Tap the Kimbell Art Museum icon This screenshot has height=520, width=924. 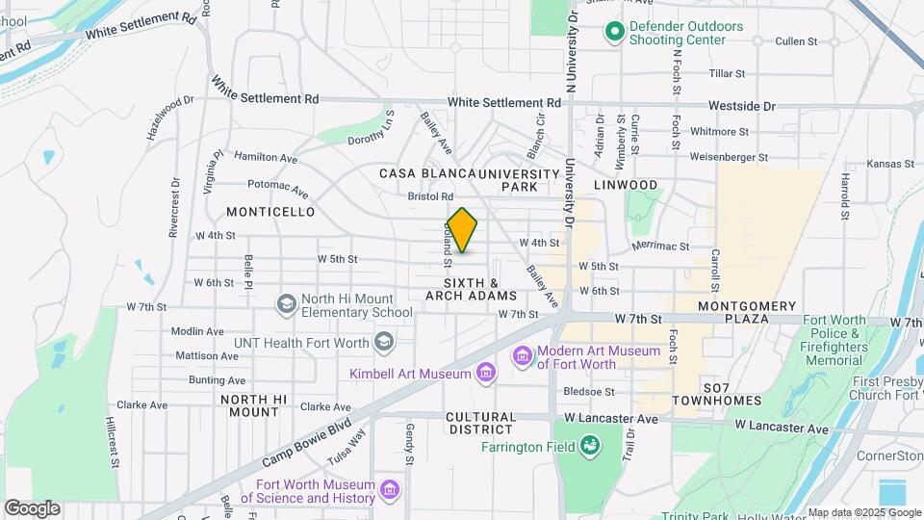pos(485,373)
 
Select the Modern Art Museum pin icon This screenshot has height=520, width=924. pos(523,357)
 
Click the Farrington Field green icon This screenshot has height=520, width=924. pos(590,446)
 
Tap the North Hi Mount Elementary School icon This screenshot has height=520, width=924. pos(286,305)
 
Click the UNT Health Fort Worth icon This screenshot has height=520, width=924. pos(384,342)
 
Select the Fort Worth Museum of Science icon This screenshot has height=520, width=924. pos(390,491)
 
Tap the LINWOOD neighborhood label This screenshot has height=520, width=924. pos(625,185)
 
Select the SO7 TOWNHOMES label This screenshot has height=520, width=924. pos(717,393)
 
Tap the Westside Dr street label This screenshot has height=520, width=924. pos(741,106)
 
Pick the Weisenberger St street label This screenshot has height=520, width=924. pos(729,157)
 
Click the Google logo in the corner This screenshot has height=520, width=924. pos(32,507)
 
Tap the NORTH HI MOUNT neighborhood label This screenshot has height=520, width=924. pos(254,405)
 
